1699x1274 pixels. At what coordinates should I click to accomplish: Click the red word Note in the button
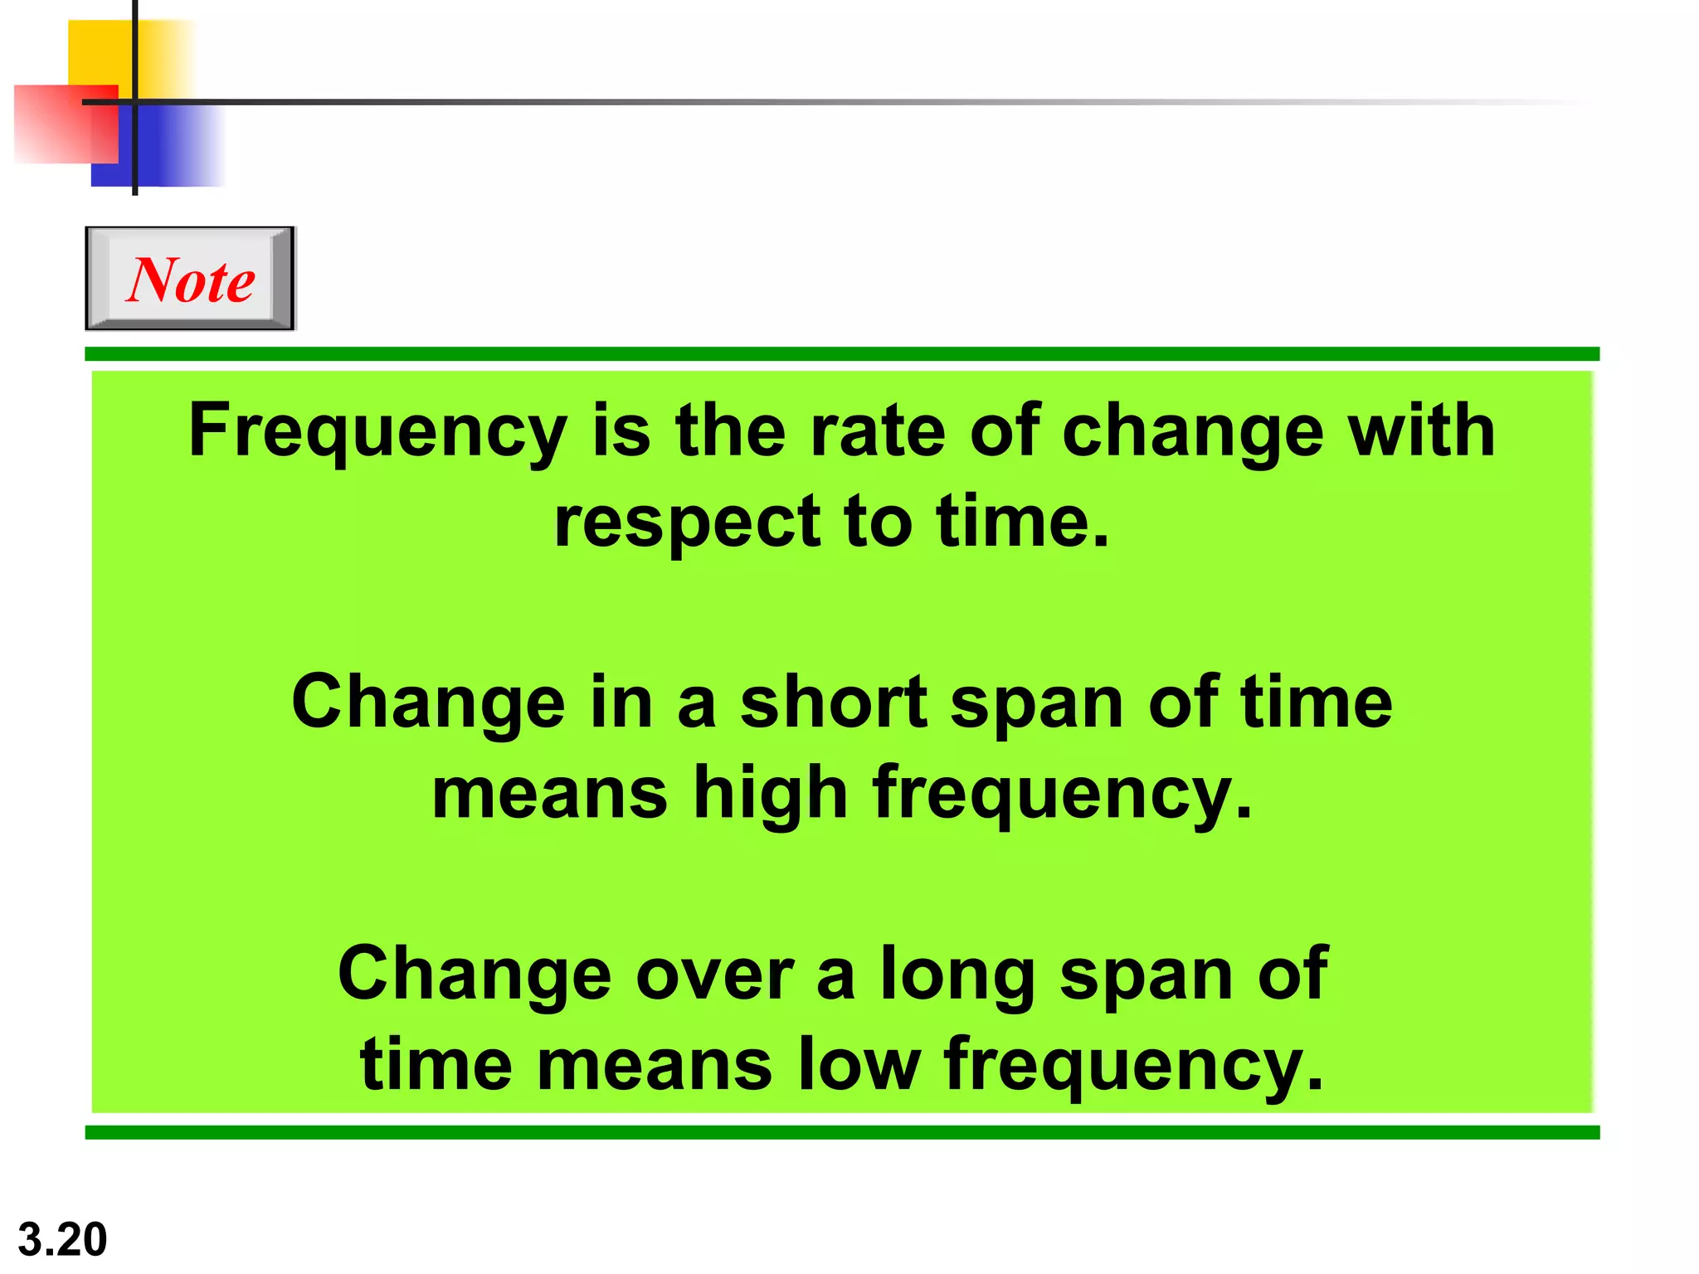tap(191, 280)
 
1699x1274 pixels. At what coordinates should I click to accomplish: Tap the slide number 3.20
tap(62, 1239)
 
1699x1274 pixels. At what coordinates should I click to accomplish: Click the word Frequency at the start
tap(377, 431)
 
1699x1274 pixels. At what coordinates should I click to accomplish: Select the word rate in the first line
tap(877, 431)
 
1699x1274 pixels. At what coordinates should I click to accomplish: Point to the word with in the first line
tap(1421, 431)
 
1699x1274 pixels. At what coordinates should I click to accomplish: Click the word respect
tap(687, 523)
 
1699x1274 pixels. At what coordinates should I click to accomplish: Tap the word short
tap(833, 703)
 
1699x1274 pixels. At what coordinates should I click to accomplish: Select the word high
tap(771, 794)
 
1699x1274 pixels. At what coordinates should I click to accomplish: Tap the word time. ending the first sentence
tap(1023, 523)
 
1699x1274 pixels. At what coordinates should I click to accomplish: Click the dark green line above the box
tap(841, 354)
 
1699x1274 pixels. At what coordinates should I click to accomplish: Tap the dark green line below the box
tap(841, 1132)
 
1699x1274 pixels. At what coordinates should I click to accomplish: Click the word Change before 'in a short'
tap(428, 703)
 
